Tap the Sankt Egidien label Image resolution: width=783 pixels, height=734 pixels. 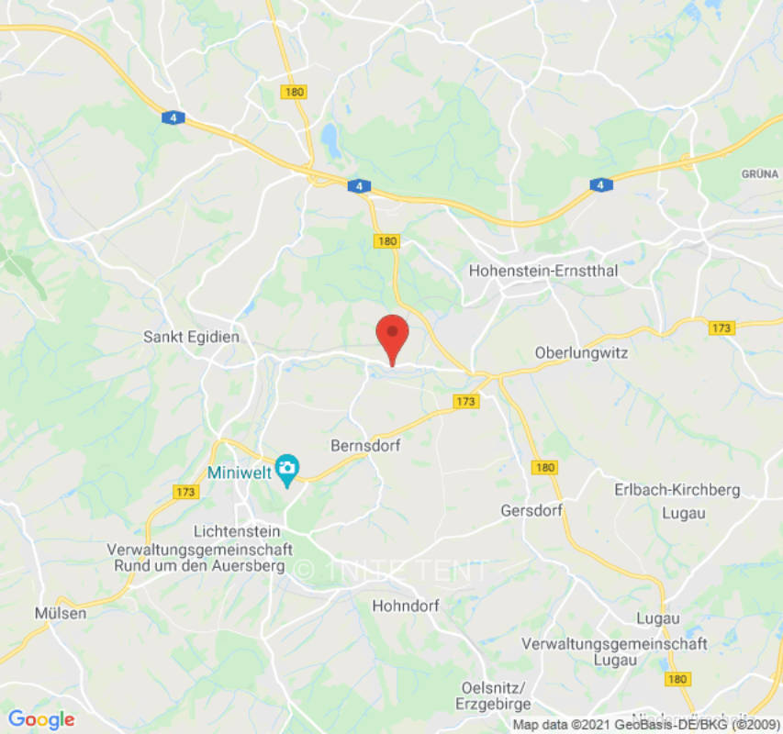click(x=191, y=337)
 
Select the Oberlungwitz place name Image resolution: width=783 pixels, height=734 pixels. click(x=581, y=352)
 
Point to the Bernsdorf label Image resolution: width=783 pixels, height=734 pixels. click(x=365, y=444)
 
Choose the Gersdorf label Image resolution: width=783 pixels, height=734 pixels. click(x=531, y=509)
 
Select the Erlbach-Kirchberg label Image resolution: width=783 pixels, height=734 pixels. click(x=677, y=490)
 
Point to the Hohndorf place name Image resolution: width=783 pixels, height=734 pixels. click(x=406, y=606)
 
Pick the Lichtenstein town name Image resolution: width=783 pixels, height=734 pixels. click(x=242, y=531)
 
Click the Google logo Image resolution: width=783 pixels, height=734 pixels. click(x=41, y=719)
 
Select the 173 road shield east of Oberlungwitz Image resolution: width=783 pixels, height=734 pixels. click(x=722, y=328)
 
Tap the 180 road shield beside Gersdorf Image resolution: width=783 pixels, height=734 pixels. click(x=545, y=467)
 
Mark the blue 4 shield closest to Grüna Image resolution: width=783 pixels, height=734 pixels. click(x=600, y=185)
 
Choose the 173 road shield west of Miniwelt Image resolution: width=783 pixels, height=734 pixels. click(x=185, y=492)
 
